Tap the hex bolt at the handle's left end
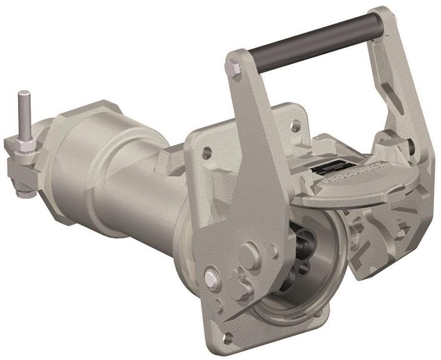pos(233,67)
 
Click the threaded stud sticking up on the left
pos(23,112)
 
